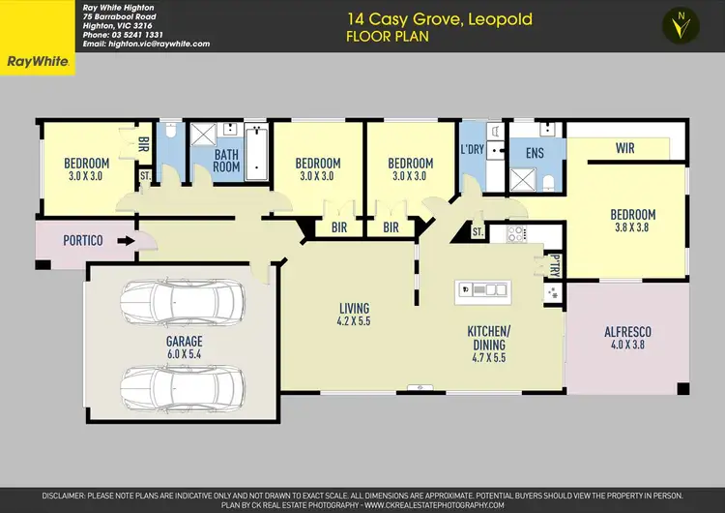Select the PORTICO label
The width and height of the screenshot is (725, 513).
(84, 240)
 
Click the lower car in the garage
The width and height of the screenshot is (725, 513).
(179, 384)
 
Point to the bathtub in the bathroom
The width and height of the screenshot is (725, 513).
(255, 152)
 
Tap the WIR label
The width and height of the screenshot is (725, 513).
(624, 148)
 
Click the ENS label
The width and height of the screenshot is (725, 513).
(533, 153)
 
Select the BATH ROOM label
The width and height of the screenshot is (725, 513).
(226, 160)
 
